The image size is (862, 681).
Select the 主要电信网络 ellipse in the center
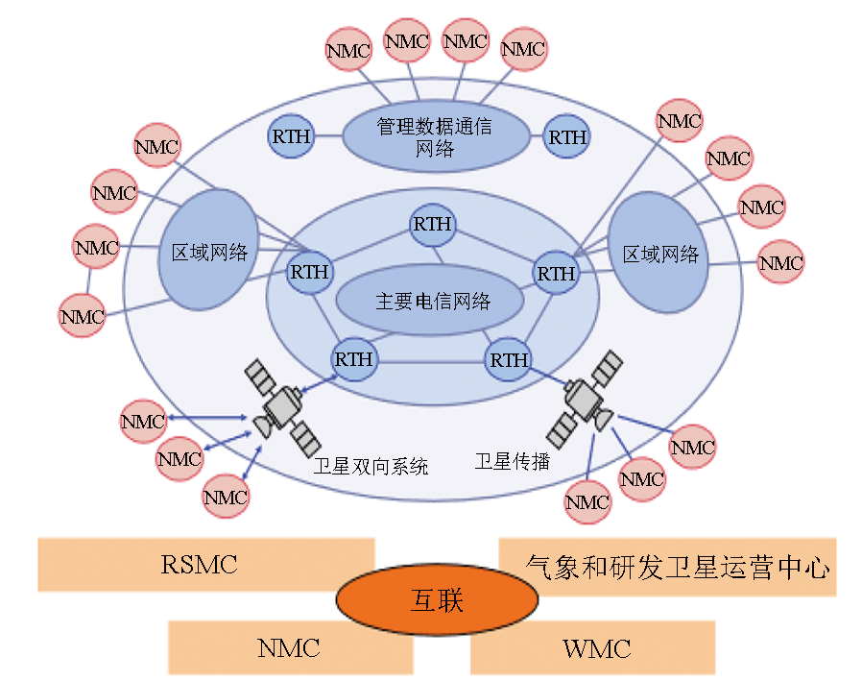click(x=429, y=301)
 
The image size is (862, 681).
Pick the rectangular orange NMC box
click(x=288, y=647)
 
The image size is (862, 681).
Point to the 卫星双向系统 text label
click(x=371, y=467)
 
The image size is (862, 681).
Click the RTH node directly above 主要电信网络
click(x=431, y=225)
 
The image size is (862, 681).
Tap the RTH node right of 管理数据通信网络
click(x=567, y=137)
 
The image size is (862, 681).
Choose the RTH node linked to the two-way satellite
click(x=354, y=360)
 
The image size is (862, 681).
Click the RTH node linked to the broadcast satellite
click(x=509, y=360)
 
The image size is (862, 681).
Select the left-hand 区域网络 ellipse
click(x=209, y=252)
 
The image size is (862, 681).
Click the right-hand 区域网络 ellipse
click(x=659, y=254)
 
